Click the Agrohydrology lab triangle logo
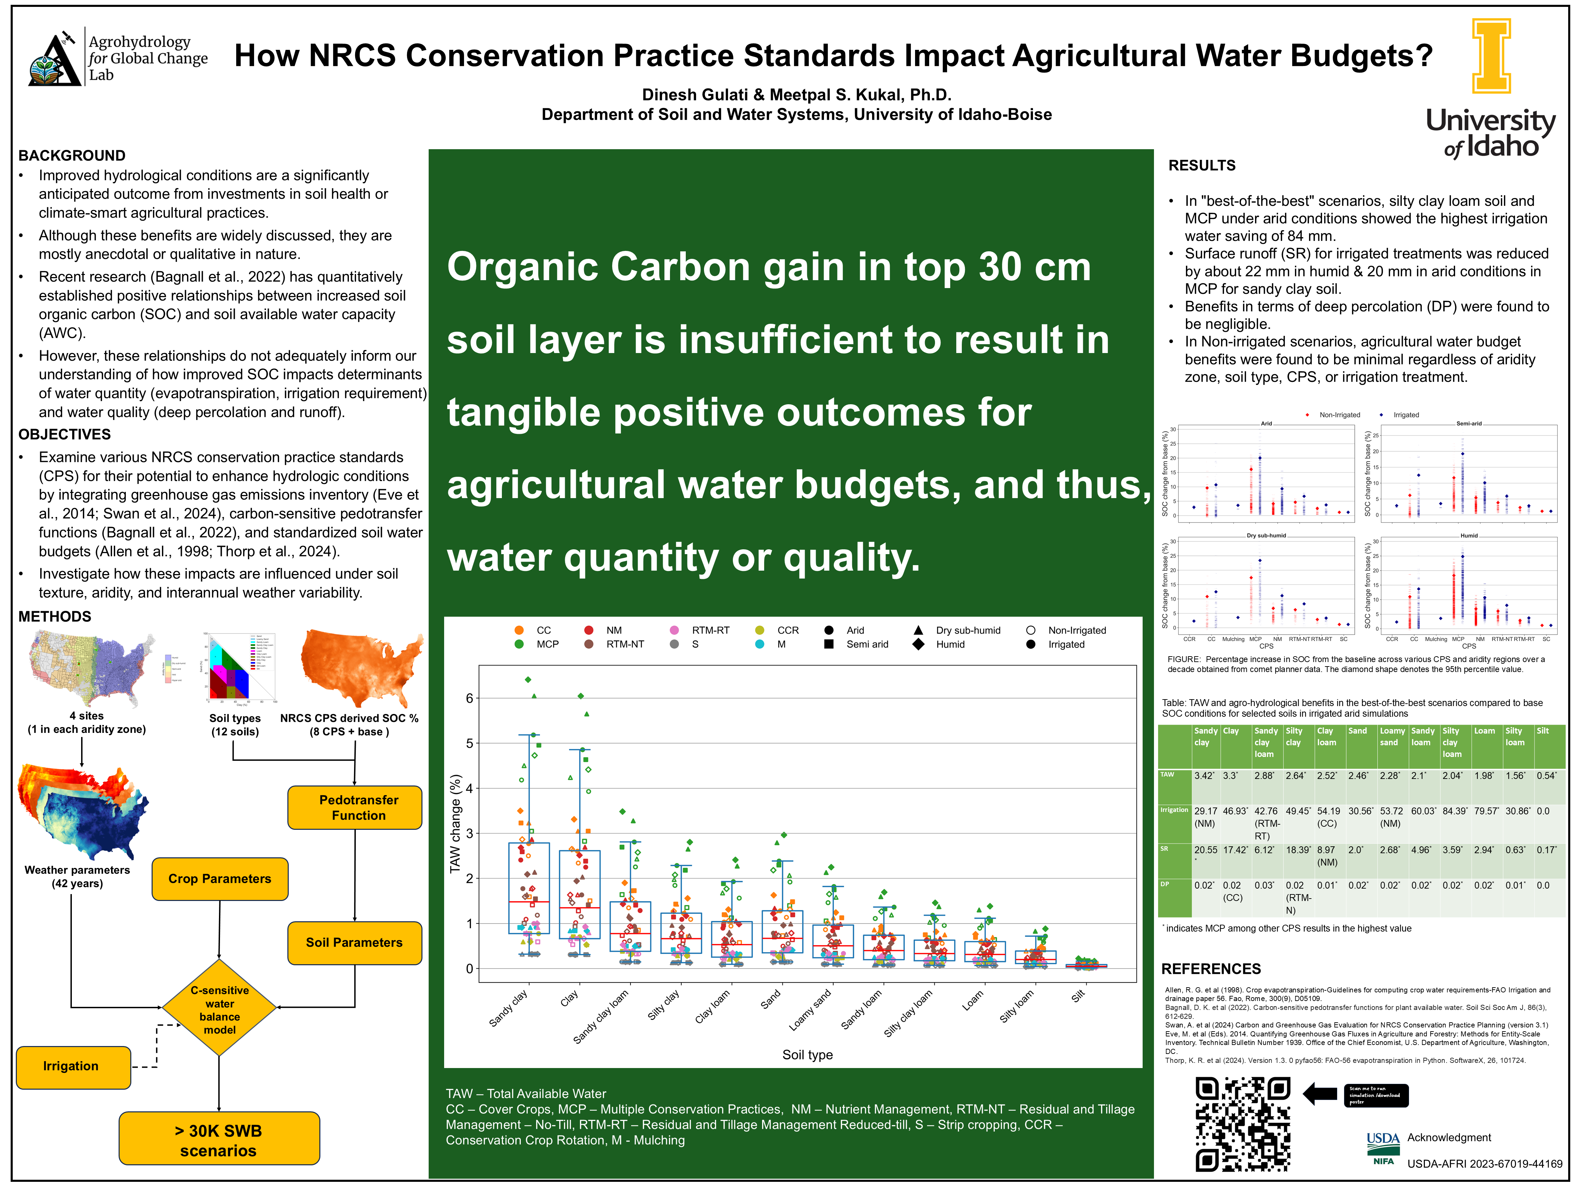(x=54, y=60)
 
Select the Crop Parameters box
(x=220, y=879)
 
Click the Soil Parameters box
(x=354, y=942)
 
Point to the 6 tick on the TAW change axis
(x=469, y=698)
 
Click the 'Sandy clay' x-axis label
(x=508, y=1008)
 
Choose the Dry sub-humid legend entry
(x=967, y=630)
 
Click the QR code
(x=1242, y=1124)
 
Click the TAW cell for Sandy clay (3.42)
(x=1204, y=775)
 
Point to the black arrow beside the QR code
(x=1320, y=1093)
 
